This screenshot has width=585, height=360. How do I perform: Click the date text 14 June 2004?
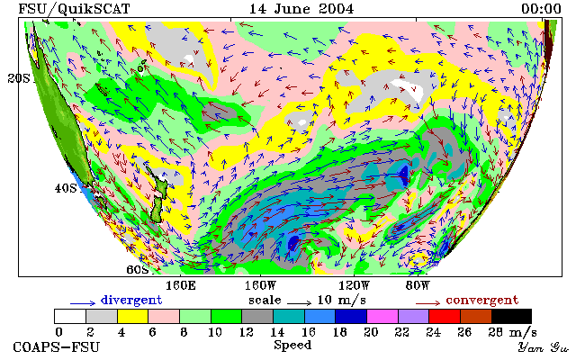point(301,9)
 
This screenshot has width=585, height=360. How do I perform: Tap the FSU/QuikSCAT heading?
point(74,9)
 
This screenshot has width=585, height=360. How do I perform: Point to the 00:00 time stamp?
point(541,9)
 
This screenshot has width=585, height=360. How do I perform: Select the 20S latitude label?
point(19,78)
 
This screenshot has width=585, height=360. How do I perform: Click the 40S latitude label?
point(66,188)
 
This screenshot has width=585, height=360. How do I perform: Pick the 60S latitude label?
point(138,269)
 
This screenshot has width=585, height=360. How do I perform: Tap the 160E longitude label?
point(181,286)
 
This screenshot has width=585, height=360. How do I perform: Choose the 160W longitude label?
point(260,286)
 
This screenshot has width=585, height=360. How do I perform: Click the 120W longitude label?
point(354,286)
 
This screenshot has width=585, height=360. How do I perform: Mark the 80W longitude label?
point(418,286)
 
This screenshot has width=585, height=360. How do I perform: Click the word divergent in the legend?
point(131,301)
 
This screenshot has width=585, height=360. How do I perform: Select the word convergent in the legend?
point(482,301)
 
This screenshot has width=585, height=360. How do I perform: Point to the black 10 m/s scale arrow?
point(299,303)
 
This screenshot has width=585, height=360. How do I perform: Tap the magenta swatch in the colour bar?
point(382,317)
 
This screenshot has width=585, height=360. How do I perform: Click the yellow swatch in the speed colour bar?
point(132,317)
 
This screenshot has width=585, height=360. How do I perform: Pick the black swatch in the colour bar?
point(511,317)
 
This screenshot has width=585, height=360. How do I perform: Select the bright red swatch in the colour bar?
point(445,317)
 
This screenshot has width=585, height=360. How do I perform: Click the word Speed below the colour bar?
point(292,346)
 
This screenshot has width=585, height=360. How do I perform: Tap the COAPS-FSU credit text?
point(57,347)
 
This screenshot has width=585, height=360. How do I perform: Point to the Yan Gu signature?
point(543,347)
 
